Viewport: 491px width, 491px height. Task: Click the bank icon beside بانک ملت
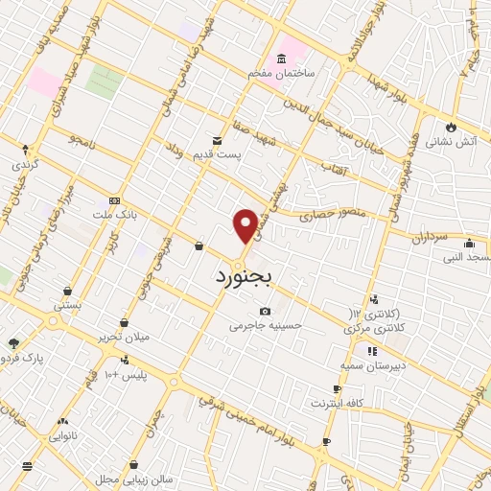[115, 201]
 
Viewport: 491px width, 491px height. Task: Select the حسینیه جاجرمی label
[265, 325]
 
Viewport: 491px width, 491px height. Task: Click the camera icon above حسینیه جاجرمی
[265, 311]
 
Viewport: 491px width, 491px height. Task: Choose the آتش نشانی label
[447, 140]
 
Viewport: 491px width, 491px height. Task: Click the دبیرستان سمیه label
[377, 366]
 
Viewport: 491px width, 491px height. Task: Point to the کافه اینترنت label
[341, 404]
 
